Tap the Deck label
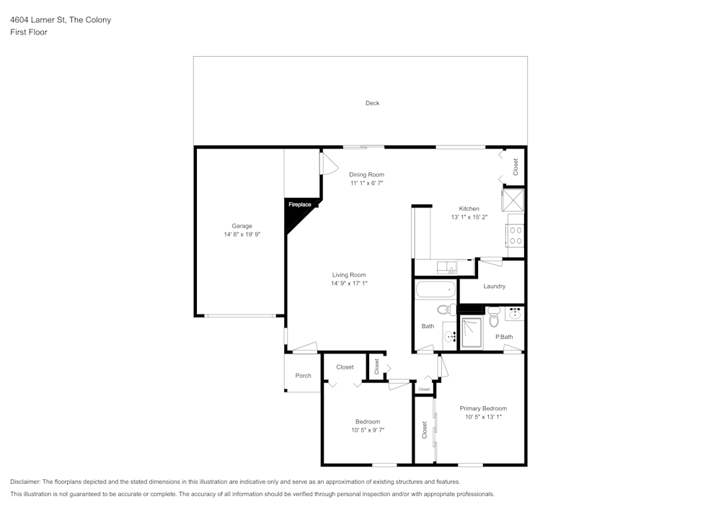coord(372,103)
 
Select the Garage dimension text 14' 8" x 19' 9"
coord(242,235)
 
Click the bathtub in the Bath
coord(436,291)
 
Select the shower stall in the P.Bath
coord(472,332)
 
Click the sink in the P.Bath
coord(515,314)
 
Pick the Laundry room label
coord(494,287)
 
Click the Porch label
coord(304,376)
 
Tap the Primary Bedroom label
coord(483,408)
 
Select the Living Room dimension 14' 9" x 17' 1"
coord(349,283)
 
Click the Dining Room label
coord(366,174)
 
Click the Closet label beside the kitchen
coord(516,167)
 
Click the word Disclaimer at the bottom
coord(25,482)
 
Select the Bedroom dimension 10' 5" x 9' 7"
coord(367,430)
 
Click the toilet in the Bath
coord(445,310)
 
